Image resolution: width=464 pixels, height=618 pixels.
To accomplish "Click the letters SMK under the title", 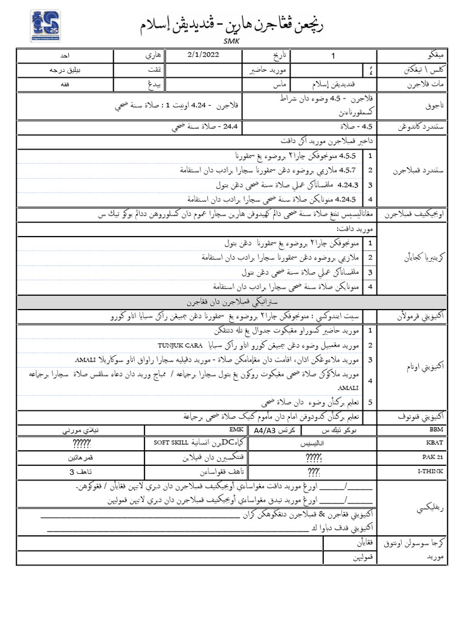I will (231, 41).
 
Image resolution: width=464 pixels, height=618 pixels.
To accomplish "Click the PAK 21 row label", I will (434, 457).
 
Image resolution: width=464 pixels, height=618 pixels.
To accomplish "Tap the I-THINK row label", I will (434, 471).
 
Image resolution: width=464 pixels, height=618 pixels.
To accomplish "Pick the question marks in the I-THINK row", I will (314, 471).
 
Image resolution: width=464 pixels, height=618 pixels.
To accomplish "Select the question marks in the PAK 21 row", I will (314, 457).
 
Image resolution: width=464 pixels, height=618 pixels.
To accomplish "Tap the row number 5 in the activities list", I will (370, 403).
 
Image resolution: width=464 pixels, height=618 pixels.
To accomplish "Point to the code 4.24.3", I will (348, 185).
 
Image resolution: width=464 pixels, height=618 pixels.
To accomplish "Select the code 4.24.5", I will (347, 199).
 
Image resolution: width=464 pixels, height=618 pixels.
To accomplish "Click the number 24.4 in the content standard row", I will (231, 127).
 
